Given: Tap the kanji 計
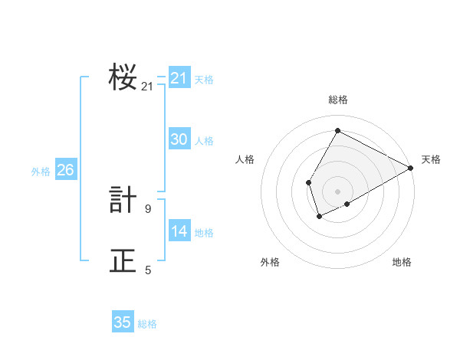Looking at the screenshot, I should click(x=123, y=200).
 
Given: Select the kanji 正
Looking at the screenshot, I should click(x=123, y=260).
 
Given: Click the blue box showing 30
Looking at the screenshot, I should click(x=179, y=139).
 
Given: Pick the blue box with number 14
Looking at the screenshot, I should click(x=179, y=231).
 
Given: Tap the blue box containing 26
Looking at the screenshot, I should click(x=65, y=170).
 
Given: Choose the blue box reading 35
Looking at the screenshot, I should click(x=123, y=322).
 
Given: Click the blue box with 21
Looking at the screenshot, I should click(x=179, y=78).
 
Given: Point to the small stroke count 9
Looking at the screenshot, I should click(x=148, y=208).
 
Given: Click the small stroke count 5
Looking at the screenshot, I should click(x=148, y=270).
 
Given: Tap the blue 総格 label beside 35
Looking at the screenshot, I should click(x=147, y=324).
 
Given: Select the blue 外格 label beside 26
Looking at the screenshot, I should click(x=41, y=172).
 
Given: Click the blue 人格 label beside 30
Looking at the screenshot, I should click(x=204, y=141).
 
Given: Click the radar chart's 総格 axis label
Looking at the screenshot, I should click(x=337, y=100).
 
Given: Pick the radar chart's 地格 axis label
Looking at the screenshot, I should click(x=402, y=262).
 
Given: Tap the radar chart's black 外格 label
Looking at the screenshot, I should click(x=270, y=262).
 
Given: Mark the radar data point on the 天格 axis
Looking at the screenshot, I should click(x=411, y=168).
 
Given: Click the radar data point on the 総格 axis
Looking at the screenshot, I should click(x=337, y=130).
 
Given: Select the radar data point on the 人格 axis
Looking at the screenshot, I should click(x=308, y=182).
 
